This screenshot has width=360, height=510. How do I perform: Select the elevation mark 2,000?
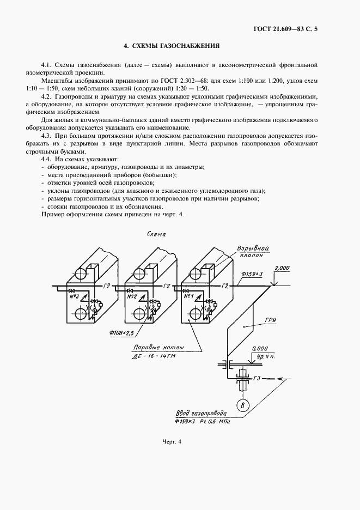pyautogui.click(x=283, y=268)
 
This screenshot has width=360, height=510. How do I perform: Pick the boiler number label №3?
pyautogui.click(x=74, y=296)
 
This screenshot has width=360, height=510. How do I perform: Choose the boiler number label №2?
pyautogui.click(x=131, y=296)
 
